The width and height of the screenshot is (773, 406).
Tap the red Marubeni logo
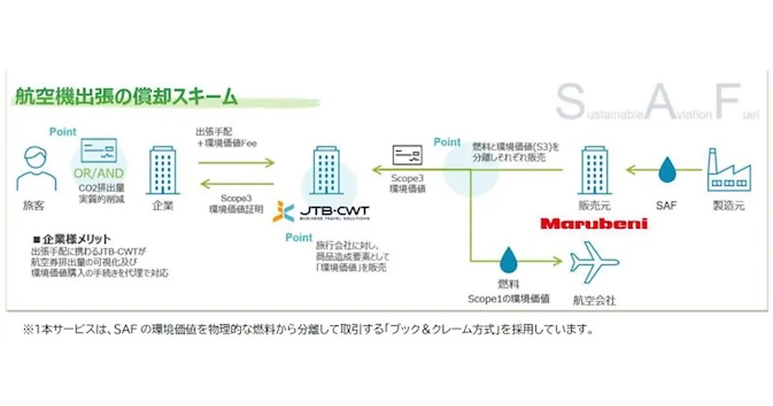594,224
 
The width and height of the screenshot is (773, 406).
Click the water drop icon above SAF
667,170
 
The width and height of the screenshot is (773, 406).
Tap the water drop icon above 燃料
509,260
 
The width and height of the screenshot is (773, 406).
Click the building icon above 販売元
594,170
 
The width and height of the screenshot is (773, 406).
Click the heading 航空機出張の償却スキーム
126,99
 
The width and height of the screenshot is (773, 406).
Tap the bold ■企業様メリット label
72,238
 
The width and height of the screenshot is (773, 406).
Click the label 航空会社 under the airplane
594,300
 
